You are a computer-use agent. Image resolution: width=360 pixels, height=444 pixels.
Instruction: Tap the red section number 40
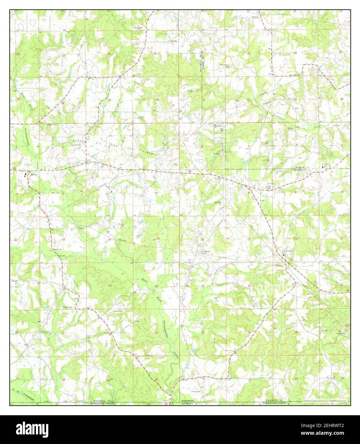pyautogui.click(x=149, y=404)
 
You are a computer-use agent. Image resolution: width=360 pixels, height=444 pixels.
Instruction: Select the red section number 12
pyautogui.click(x=156, y=193)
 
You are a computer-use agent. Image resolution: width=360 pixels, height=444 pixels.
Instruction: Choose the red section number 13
pyautogui.click(x=157, y=239)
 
